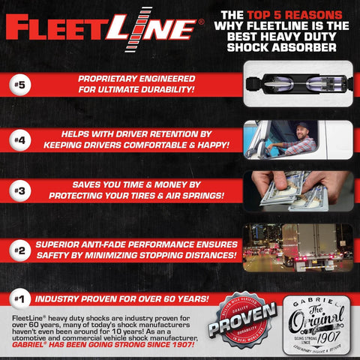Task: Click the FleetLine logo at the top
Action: click(101, 28)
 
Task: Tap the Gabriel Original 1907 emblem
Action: click(313, 324)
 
